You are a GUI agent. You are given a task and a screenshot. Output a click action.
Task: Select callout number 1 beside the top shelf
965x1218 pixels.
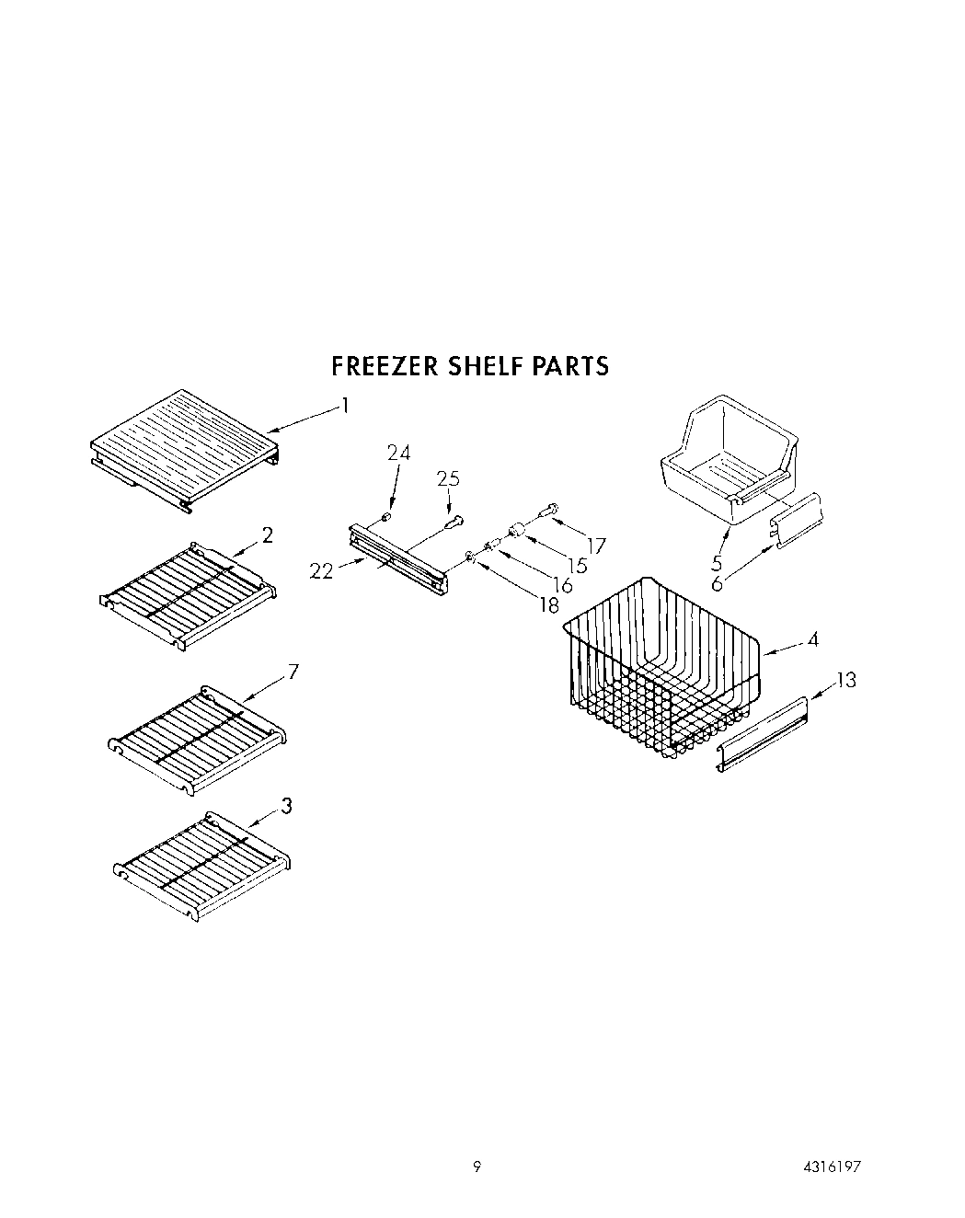tap(344, 405)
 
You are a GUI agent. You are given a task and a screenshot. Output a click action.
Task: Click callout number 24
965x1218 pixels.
tap(398, 453)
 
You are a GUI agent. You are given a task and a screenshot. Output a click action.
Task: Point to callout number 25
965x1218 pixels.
tap(448, 479)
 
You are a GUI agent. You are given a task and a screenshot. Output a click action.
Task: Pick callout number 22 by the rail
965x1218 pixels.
tap(322, 571)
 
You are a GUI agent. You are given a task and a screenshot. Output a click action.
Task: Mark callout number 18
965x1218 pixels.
tap(549, 604)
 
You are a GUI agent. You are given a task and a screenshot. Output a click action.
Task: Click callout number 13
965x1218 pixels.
tap(845, 680)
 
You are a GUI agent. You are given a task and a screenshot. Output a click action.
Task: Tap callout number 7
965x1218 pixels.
tap(293, 671)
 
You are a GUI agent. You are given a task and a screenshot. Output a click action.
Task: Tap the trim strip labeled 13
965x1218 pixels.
tap(763, 735)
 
